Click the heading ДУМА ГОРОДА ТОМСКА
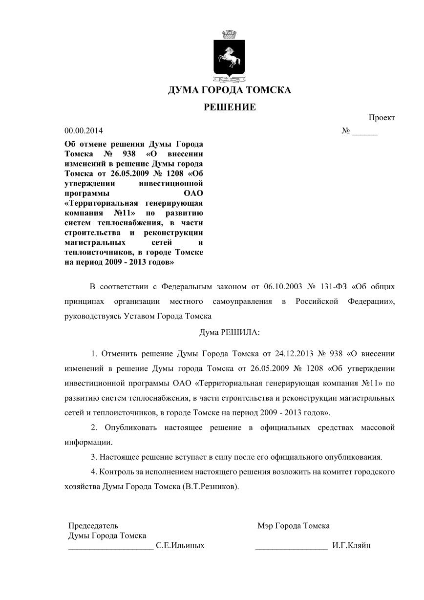(x=229, y=90)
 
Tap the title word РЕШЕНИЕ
(x=229, y=107)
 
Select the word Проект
(x=382, y=117)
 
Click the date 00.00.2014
(x=84, y=131)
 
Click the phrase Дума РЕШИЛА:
(x=229, y=332)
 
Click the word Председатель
(x=93, y=526)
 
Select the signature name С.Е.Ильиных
(x=180, y=545)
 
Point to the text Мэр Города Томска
(x=293, y=526)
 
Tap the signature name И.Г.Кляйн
(x=351, y=545)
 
